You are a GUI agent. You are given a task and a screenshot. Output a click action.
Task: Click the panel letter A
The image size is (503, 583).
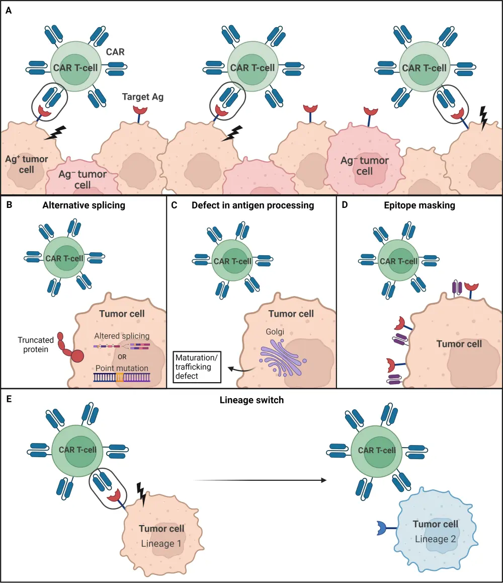pos(9,8)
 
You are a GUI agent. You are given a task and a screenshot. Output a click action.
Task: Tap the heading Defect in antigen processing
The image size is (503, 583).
pos(253,205)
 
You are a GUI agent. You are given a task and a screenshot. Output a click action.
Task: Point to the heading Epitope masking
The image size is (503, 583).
pos(420,205)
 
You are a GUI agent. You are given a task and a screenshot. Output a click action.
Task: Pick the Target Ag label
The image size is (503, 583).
pos(143,97)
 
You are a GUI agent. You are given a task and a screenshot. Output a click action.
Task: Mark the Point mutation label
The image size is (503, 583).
pos(121,368)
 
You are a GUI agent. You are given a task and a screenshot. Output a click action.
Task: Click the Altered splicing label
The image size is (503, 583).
pos(122,335)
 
